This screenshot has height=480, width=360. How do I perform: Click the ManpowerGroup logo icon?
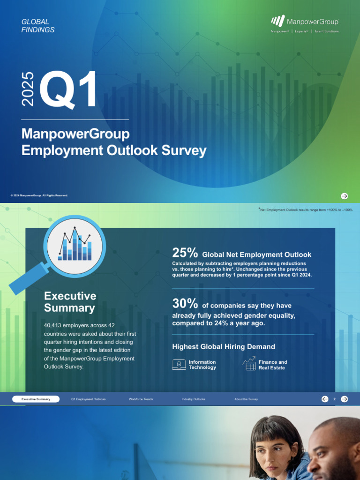coord(278,21)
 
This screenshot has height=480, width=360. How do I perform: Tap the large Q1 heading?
coord(68,89)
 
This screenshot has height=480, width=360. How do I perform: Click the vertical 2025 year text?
coord(28,88)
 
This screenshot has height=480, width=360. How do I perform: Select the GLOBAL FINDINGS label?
coord(38,26)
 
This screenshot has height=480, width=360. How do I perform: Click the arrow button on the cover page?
coord(344,196)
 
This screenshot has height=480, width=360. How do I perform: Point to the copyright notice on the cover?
coord(39,195)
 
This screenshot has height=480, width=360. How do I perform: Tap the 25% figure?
coord(185,253)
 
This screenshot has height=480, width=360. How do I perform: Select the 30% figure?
coord(185,304)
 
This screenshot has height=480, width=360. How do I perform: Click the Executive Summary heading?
coord(70,302)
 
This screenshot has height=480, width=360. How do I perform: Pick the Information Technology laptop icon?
coord(179,365)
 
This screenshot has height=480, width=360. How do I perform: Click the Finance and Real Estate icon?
coord(250,364)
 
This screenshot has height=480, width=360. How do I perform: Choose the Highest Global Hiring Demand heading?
coord(224,347)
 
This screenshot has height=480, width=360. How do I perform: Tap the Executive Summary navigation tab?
coord(36,399)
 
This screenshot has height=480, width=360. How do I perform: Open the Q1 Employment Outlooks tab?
coord(88,399)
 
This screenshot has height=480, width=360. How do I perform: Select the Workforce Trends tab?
coord(141,399)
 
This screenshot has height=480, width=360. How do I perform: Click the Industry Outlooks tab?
coord(194,399)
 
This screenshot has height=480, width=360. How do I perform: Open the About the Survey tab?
coord(246,399)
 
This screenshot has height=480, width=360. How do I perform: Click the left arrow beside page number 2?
coord(325,399)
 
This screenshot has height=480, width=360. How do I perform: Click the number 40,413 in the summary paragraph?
coord(54,325)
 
